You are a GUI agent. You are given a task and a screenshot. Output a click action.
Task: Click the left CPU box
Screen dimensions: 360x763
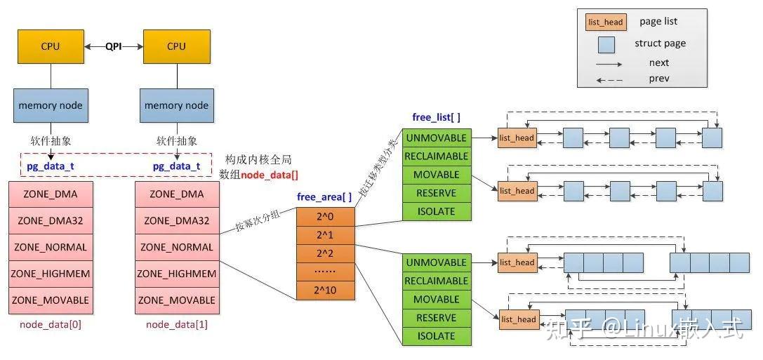pos(50,46)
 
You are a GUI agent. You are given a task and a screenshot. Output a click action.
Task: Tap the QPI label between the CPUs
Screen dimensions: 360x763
pos(113,46)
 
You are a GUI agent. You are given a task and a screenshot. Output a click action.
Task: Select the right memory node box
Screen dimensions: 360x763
pos(176,105)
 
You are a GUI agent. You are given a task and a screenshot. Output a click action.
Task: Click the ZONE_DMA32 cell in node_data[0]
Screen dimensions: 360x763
pos(50,220)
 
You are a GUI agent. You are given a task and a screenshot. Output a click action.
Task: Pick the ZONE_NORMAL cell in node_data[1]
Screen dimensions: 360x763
pos(177,247)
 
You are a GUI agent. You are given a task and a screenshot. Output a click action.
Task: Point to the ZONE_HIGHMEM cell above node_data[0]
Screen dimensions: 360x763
pos(50,274)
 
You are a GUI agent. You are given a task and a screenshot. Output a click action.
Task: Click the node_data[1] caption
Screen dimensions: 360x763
pos(177,325)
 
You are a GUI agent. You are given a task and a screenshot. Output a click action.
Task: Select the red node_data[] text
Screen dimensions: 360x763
pos(270,174)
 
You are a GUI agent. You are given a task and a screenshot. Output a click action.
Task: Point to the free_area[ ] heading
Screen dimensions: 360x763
pos(324,197)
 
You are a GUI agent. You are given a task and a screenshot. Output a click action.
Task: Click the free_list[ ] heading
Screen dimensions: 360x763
pos(436,117)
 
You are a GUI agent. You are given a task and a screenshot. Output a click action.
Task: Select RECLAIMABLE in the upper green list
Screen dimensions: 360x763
pos(436,156)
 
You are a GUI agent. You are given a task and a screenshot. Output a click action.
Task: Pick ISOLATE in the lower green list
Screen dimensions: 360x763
pos(436,336)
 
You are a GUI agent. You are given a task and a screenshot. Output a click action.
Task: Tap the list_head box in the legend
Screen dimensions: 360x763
pos(604,22)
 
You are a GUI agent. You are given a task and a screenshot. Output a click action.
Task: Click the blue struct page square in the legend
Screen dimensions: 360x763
pos(606,44)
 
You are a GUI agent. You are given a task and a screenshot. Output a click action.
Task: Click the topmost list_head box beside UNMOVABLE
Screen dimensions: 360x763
pos(517,138)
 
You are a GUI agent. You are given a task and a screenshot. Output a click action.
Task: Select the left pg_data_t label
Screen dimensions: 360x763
pos(50,166)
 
